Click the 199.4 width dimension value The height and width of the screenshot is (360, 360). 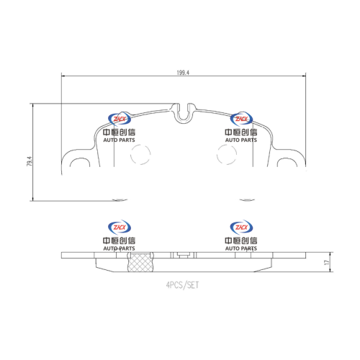[x=183, y=73]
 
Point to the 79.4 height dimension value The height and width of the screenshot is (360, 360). [x=30, y=161]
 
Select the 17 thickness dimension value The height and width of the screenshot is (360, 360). [x=327, y=262]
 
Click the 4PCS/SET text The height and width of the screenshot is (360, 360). [x=182, y=285]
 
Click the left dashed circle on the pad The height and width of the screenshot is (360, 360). [x=140, y=155]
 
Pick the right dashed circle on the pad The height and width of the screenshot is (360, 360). [x=227, y=155]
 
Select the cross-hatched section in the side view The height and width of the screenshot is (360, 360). [x=140, y=263]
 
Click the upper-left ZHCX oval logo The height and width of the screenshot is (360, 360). [x=120, y=119]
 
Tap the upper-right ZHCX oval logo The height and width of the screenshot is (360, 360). [x=241, y=119]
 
